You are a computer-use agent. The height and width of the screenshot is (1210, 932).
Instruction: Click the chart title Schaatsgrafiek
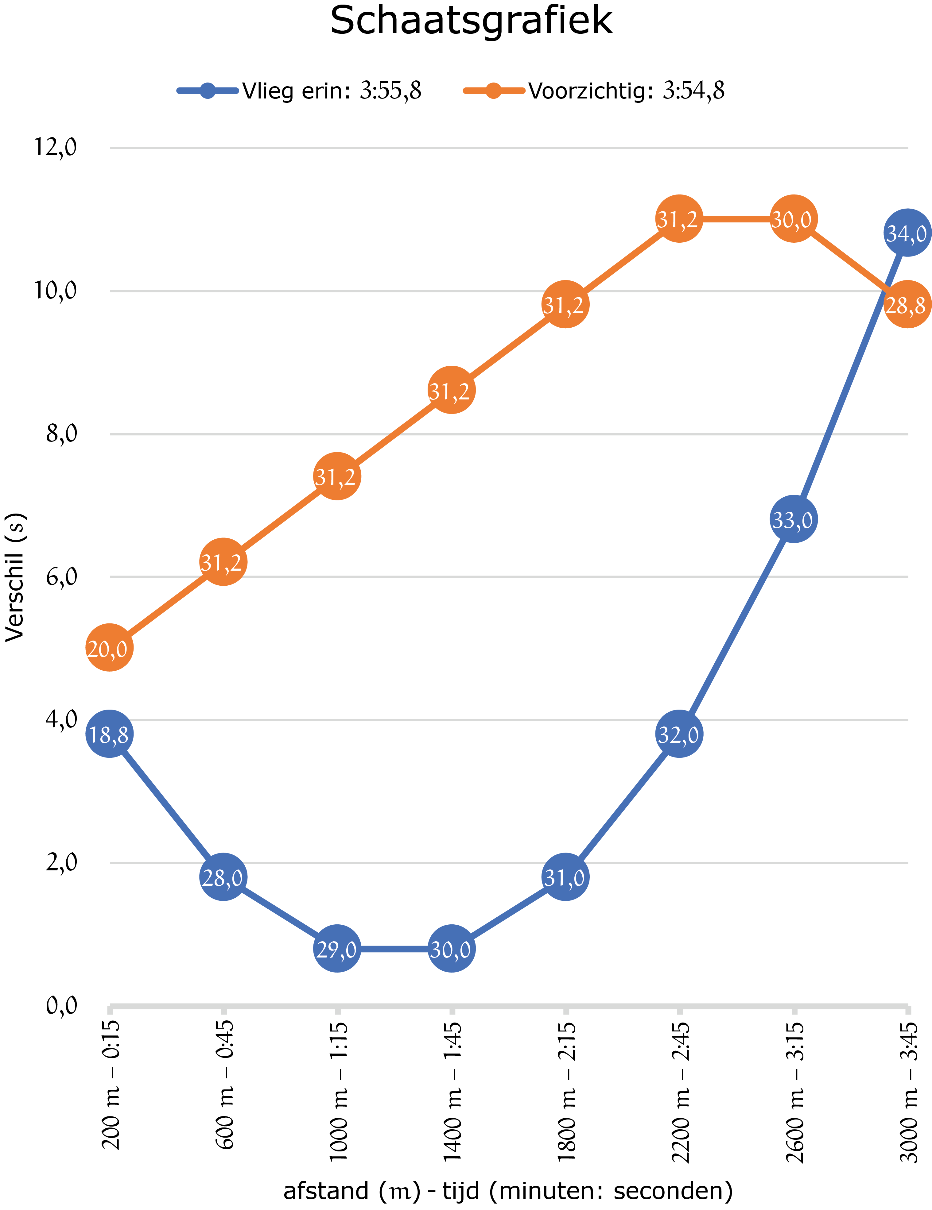471,21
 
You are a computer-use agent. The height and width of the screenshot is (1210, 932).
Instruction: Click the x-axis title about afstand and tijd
508,1190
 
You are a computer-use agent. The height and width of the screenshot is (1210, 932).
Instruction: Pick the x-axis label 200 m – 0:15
111,1085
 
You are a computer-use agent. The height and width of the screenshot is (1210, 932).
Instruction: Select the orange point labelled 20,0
110,648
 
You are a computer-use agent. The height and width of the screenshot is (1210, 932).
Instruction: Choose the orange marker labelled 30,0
793,219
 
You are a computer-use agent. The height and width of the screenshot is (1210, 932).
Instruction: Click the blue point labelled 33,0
793,519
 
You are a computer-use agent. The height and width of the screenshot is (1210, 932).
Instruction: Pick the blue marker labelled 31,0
565,877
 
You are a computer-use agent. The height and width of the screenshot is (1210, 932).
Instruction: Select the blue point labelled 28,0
223,877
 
